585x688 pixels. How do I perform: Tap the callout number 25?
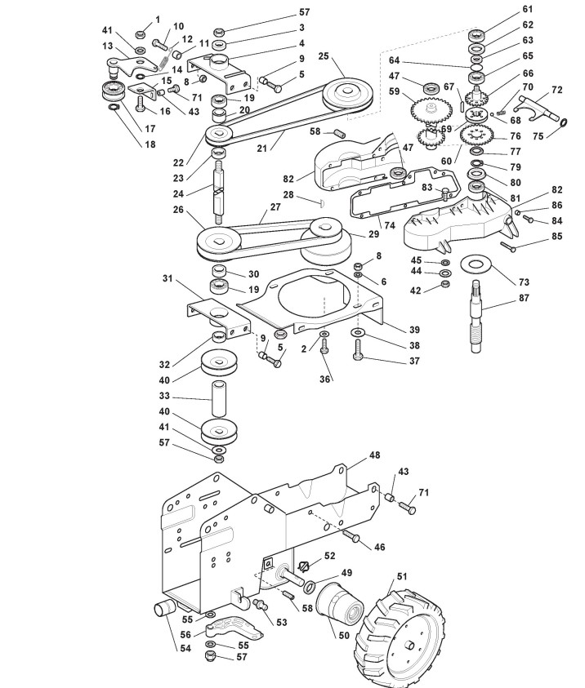coord(324,56)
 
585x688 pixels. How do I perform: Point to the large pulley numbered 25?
coord(348,95)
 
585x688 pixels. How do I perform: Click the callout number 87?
coord(524,298)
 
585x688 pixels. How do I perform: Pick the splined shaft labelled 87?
coord(477,317)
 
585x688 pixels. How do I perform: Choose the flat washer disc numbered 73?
coord(476,265)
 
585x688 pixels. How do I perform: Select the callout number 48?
coord(374,455)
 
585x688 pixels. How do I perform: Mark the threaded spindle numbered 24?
coord(219,192)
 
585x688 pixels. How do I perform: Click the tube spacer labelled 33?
coord(219,398)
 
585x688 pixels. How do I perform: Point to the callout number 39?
coord(414,330)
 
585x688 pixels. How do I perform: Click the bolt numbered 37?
coord(358,350)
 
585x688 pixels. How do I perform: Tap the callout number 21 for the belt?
coord(261,149)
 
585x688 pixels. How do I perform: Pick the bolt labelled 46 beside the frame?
coord(351,535)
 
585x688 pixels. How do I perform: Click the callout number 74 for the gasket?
coord(390,225)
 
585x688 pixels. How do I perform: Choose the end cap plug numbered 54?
coord(164,609)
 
